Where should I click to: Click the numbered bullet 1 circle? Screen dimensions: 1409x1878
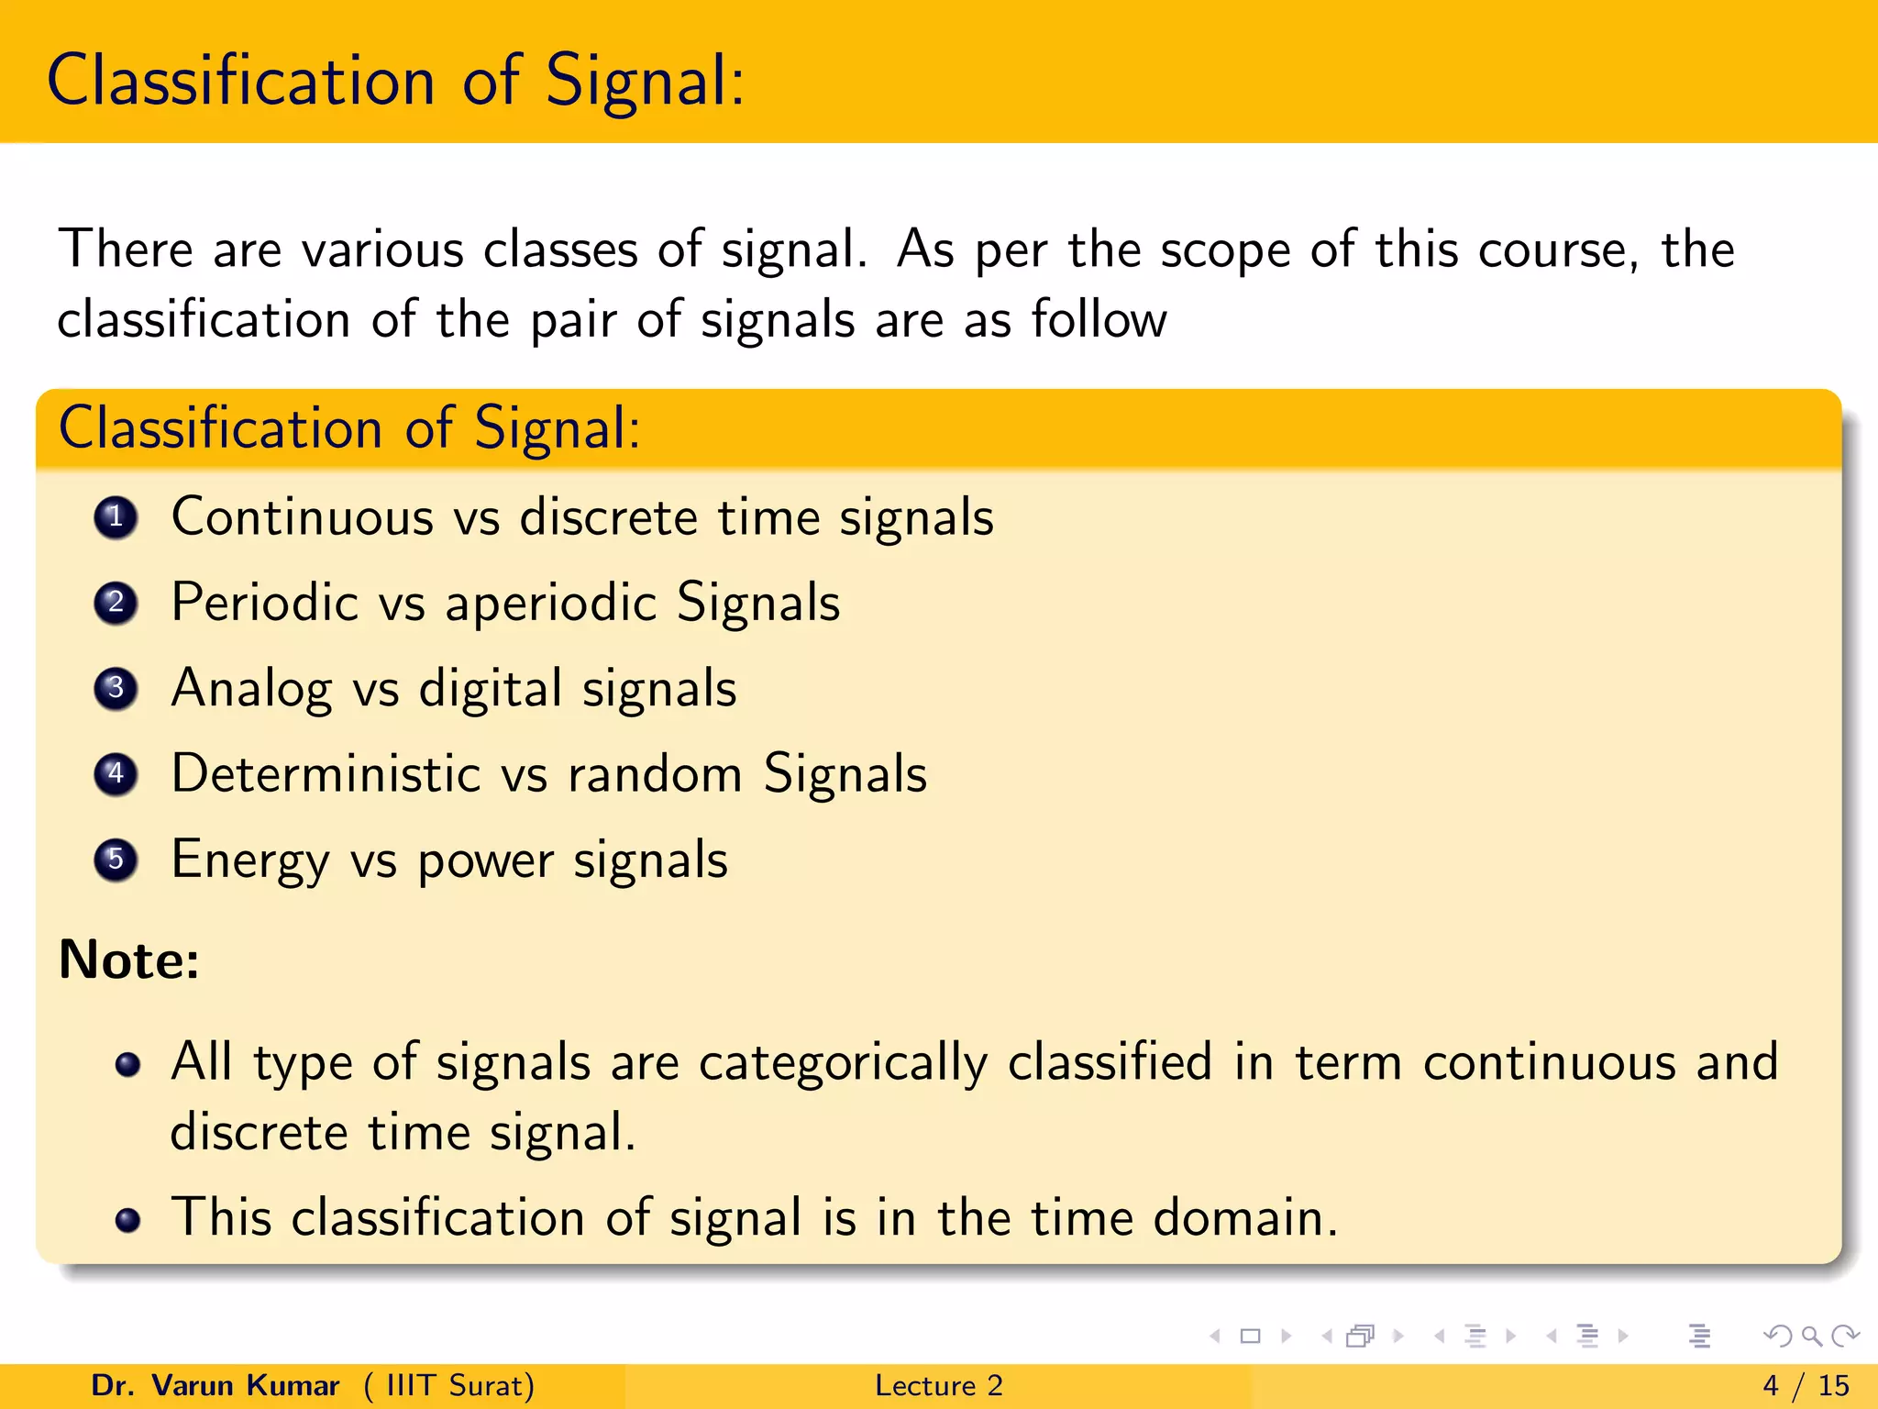(x=116, y=517)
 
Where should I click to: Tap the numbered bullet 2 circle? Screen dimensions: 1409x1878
(x=116, y=603)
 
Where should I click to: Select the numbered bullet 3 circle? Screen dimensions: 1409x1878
(x=116, y=688)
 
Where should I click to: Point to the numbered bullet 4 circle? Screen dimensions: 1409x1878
(x=116, y=774)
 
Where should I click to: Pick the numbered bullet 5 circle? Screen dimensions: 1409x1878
(x=116, y=860)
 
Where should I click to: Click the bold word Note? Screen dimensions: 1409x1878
(x=129, y=960)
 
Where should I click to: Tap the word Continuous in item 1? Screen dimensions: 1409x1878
(x=303, y=517)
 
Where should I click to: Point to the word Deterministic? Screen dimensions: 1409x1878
(x=326, y=773)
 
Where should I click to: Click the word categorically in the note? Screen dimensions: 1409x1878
(x=843, y=1063)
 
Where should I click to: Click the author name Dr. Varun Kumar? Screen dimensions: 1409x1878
(x=215, y=1385)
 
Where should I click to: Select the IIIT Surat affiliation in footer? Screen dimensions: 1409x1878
(x=449, y=1385)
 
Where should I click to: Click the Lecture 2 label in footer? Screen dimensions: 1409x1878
(x=939, y=1385)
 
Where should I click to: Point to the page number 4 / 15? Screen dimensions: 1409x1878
(x=1806, y=1385)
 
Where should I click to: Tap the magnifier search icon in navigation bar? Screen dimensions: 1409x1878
(x=1811, y=1336)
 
